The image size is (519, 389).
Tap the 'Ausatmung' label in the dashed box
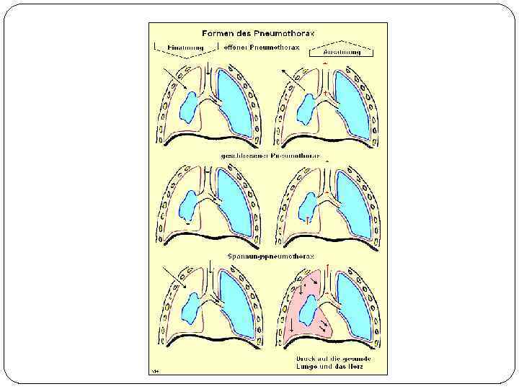(x=341, y=52)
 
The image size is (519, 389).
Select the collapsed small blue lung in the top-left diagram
(x=190, y=106)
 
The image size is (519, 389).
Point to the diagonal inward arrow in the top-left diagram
(x=173, y=77)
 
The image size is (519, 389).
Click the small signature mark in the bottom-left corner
(x=154, y=370)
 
